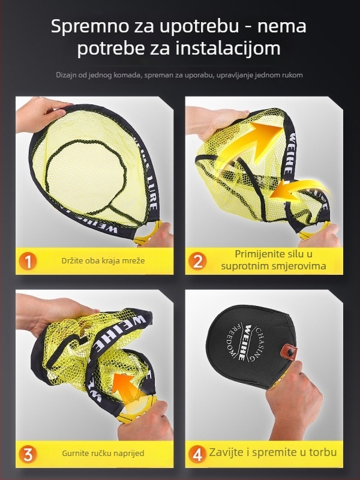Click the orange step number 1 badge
(28, 262)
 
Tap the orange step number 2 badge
(197, 262)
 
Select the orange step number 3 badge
(28, 454)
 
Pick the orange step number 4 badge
(197, 454)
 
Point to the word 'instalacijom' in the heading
(228, 49)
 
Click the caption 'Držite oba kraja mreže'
(103, 261)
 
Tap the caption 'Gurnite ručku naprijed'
(103, 454)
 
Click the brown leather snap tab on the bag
(290, 350)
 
